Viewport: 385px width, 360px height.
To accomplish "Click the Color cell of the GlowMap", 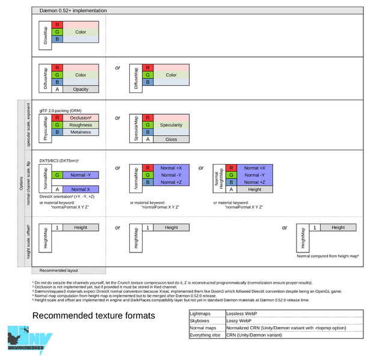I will (81, 32).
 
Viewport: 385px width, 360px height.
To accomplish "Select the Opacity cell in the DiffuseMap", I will (81, 89).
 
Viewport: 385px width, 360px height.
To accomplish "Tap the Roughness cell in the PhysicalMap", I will (81, 125).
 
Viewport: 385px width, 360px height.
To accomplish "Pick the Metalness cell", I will (81, 132).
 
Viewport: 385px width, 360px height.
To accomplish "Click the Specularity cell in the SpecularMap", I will (171, 125).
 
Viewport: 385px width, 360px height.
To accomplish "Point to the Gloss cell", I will (171, 139).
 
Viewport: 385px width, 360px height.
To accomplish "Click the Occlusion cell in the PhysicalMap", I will (81, 118).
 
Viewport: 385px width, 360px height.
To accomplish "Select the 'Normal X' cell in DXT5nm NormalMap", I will (81, 189).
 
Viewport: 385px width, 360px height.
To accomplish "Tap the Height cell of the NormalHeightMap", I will (254, 189).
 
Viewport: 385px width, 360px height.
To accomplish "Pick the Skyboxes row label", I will (201, 321).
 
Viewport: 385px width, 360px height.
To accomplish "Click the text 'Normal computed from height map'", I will (327, 256).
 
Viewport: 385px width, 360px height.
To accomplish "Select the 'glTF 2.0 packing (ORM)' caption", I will (60, 111).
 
